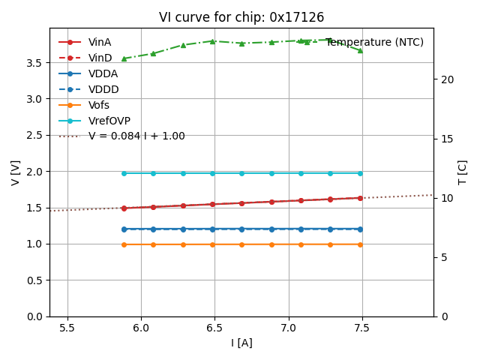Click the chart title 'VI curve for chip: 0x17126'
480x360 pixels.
[241, 17]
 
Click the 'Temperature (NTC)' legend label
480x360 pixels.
[374, 42]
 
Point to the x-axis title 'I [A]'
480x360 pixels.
[241, 343]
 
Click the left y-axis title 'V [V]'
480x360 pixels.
[16, 172]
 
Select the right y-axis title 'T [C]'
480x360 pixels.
[462, 172]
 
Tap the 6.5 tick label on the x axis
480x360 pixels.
[214, 328]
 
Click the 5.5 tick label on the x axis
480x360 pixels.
[67, 328]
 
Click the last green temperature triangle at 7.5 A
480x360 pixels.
[360, 50]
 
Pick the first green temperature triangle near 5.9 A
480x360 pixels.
[124, 58]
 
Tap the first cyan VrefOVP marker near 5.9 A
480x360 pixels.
[124, 173]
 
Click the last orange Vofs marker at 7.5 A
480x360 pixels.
[360, 244]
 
